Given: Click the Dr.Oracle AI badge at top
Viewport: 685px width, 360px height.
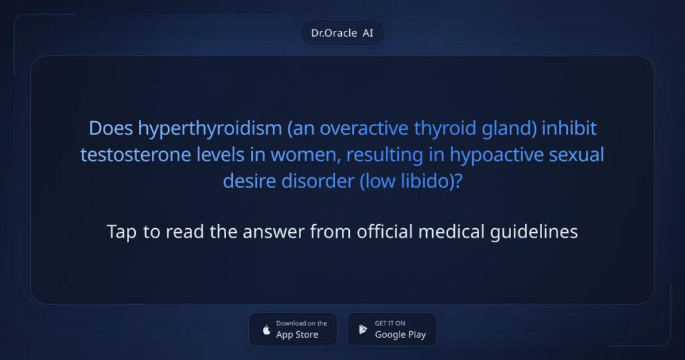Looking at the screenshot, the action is pyautogui.click(x=342, y=33).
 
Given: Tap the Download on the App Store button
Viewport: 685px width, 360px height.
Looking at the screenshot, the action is pyautogui.click(x=293, y=329).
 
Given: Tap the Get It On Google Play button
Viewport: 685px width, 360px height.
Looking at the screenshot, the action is pyautogui.click(x=392, y=329).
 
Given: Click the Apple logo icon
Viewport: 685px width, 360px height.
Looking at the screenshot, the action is pyautogui.click(x=266, y=330).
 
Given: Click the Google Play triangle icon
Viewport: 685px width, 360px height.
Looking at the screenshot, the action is pyautogui.click(x=363, y=329).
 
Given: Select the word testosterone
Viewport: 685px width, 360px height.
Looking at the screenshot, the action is pyautogui.click(x=135, y=155).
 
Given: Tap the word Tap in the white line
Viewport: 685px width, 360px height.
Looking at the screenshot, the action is pyautogui.click(x=122, y=232).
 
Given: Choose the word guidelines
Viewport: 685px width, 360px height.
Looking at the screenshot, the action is pyautogui.click(x=534, y=232).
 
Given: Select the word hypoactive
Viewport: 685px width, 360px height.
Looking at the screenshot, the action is pyautogui.click(x=497, y=155).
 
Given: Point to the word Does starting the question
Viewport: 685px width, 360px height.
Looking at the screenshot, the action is pyautogui.click(x=111, y=128).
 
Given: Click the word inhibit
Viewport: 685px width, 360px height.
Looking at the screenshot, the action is pyautogui.click(x=569, y=128).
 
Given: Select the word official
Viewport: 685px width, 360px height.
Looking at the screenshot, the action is pyautogui.click(x=385, y=232).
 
